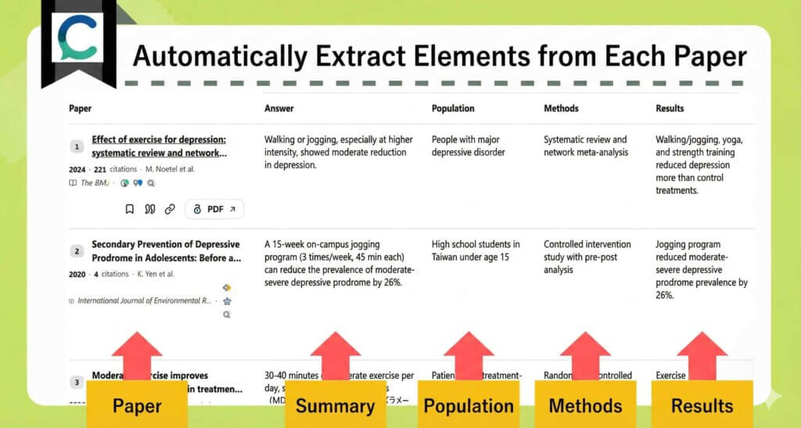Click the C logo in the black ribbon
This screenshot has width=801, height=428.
(x=77, y=39)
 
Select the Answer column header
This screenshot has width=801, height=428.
(x=278, y=109)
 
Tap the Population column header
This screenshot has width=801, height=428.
(x=453, y=109)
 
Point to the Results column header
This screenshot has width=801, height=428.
(x=670, y=109)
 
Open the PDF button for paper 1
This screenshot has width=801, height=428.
(x=214, y=209)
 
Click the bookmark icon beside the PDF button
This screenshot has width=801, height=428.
(x=130, y=209)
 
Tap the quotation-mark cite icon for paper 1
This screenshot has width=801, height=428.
(x=150, y=209)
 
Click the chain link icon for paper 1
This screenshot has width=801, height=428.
(x=170, y=209)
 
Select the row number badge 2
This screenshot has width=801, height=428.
(x=77, y=251)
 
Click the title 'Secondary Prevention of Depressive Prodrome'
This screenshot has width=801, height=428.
(x=165, y=251)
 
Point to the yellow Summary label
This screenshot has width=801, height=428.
(x=335, y=405)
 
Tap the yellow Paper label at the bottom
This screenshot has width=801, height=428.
(x=137, y=405)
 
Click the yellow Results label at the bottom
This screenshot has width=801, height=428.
(x=702, y=405)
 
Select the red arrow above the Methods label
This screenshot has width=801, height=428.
(x=585, y=354)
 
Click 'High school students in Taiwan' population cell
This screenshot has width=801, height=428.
(x=475, y=251)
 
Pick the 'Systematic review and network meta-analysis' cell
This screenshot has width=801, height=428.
(x=585, y=146)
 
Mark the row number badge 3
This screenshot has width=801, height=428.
(x=77, y=382)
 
